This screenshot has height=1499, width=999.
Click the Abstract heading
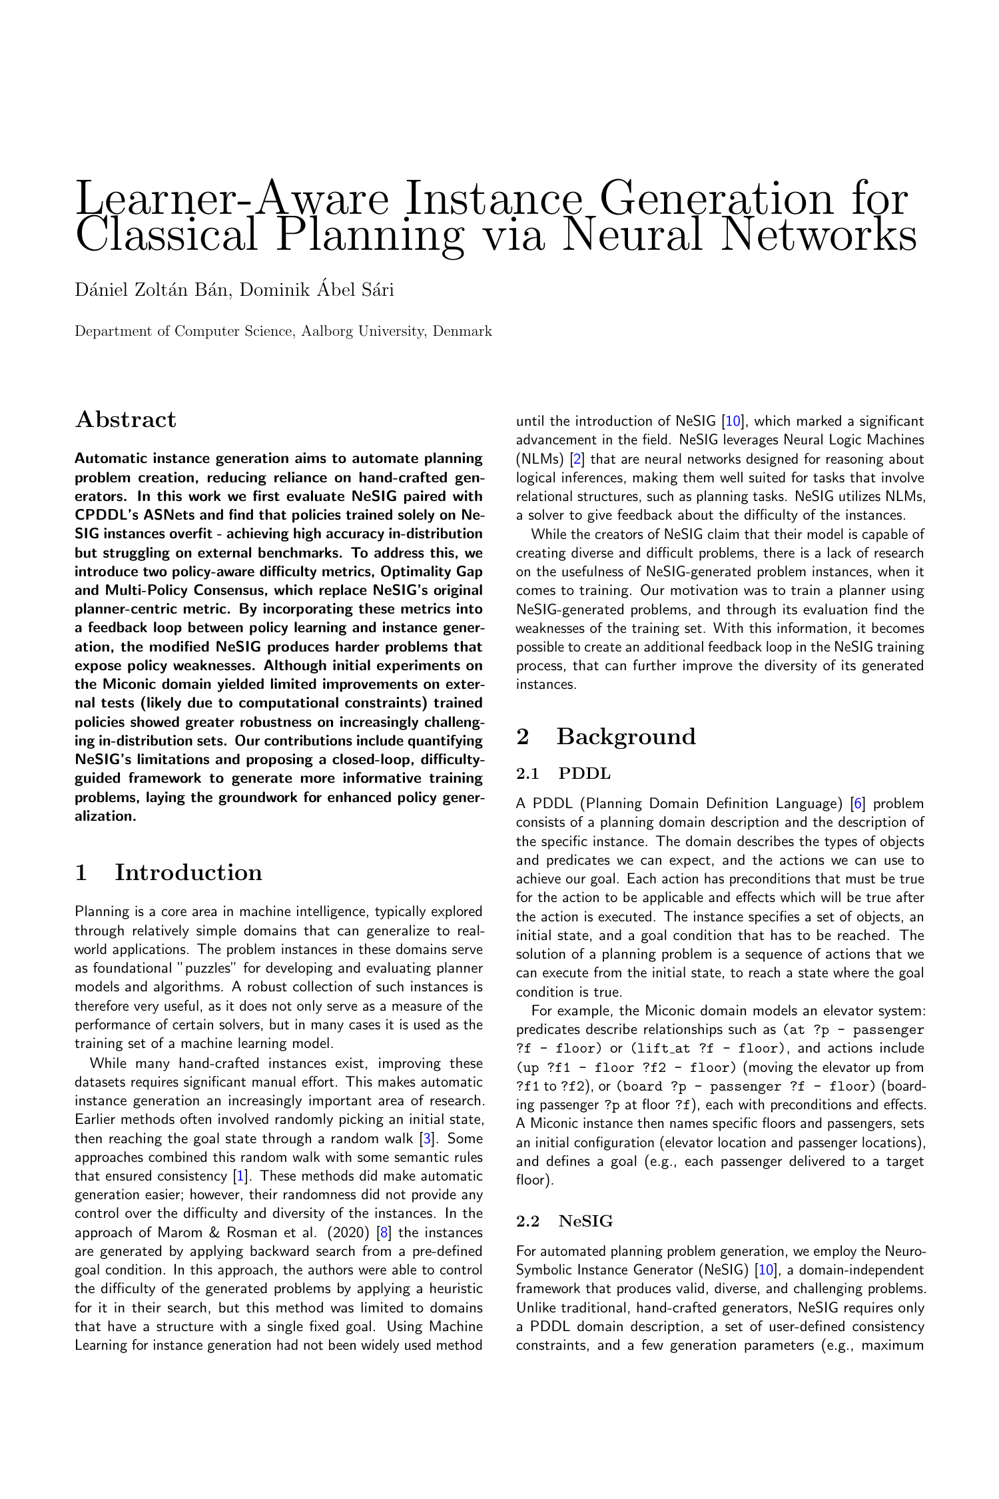coord(126,420)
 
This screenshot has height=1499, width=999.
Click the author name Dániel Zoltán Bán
coord(153,290)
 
